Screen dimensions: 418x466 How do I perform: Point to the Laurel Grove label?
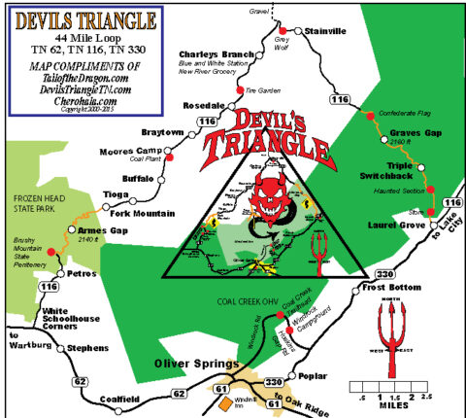tap(391, 225)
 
